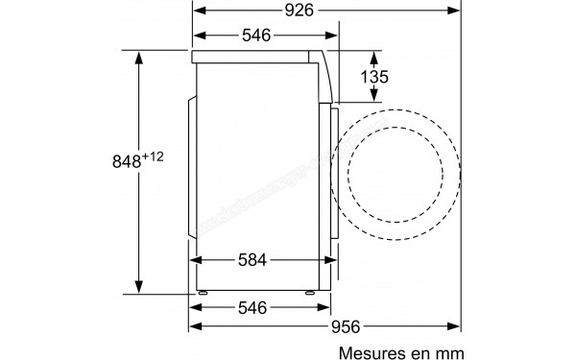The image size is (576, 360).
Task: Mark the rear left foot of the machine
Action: [204, 290]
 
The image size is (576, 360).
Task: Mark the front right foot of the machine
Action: [311, 290]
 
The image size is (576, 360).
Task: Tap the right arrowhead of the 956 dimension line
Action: [453, 326]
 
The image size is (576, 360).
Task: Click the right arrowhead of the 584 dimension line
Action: [325, 260]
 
